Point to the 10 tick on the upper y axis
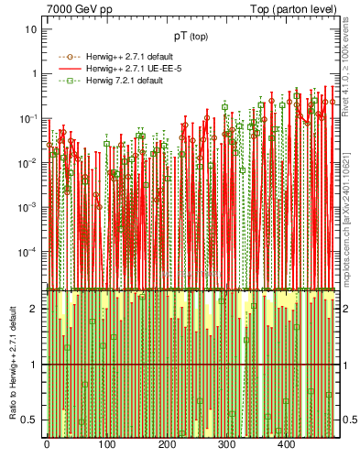pyautogui.click(x=31, y=29)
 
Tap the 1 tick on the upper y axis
pyautogui.click(x=34, y=74)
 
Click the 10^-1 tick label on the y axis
pyautogui.click(x=28, y=118)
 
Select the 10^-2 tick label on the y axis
pyautogui.click(x=28, y=163)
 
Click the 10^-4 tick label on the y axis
pyautogui.click(x=28, y=252)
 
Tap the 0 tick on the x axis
pyautogui.click(x=47, y=445)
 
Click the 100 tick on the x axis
pyautogui.click(x=106, y=445)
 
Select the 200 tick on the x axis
pyautogui.click(x=166, y=445)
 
